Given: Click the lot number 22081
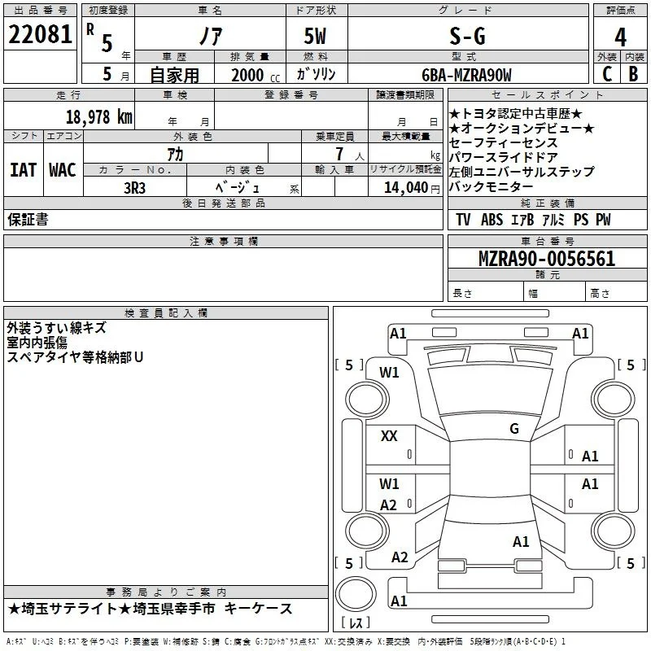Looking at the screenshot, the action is pos(40,34).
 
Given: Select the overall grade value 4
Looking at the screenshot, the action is pos(620,37).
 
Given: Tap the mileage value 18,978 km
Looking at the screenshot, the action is pos(99,116).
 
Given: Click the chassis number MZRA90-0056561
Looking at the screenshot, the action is pos(547,258).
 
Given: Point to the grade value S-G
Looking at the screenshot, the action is pos(467,36).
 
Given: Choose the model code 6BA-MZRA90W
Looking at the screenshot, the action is pos(466,75).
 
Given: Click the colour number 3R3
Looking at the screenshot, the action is pos(134,188).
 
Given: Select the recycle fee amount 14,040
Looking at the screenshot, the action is pos(406,187).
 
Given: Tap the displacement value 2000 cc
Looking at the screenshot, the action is pos(256,75).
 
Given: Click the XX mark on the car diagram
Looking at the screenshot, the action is pos(389,436).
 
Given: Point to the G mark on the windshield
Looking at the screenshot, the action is pos(514,428).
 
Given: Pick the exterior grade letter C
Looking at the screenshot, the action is pos(607,74).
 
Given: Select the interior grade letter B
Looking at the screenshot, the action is pos(633,74).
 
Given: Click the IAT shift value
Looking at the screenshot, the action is pos(24,170).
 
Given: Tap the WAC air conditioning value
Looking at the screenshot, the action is pos(63,170).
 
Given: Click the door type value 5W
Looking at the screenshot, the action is pos(315,36).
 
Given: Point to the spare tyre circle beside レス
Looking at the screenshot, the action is pos(356,594).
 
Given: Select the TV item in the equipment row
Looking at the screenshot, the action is pos(463,219).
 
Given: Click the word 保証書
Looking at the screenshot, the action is pos(28,219).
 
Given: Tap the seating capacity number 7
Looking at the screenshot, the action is pos(339,154).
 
